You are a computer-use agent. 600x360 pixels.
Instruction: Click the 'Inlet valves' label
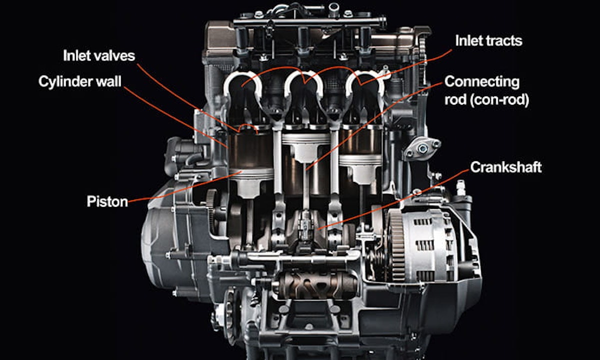point(98,55)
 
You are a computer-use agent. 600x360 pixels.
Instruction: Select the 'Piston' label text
point(107,202)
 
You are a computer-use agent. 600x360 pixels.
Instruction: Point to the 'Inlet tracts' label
point(488,40)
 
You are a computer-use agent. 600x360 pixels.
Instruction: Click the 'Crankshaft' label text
point(506,167)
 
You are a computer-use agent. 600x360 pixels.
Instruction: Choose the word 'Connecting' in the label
point(482,81)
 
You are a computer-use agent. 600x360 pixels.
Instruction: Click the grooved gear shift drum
point(317,285)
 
